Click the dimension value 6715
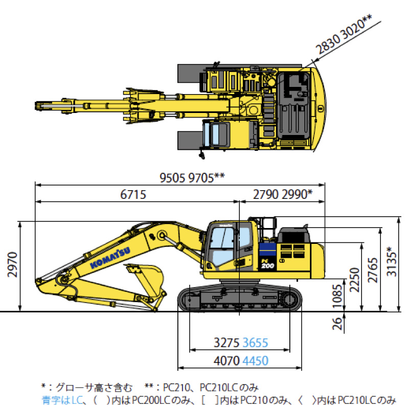[x=133, y=195]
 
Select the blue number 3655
[x=255, y=343]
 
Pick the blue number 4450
[x=255, y=361]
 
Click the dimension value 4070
[x=226, y=361]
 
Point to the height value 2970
[x=12, y=264]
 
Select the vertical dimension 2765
[x=373, y=270]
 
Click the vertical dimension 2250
[x=354, y=280]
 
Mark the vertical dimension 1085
[x=337, y=297]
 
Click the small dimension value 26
[x=337, y=324]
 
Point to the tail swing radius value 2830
[x=327, y=43]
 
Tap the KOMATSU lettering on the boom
[x=110, y=258]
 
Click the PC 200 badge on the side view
[x=267, y=264]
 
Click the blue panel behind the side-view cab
[x=267, y=249]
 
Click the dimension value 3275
[x=226, y=343]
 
